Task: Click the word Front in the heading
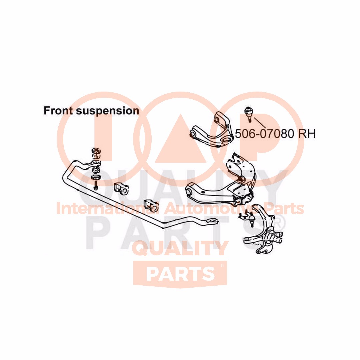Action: click(x=58, y=110)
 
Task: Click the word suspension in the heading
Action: click(x=107, y=111)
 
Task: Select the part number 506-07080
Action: click(x=265, y=134)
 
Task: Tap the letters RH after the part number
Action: click(x=306, y=134)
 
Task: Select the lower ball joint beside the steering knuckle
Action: click(x=251, y=219)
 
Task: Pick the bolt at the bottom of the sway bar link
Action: click(x=96, y=185)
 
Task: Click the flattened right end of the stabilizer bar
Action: click(x=212, y=220)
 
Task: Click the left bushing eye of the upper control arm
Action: click(x=192, y=134)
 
